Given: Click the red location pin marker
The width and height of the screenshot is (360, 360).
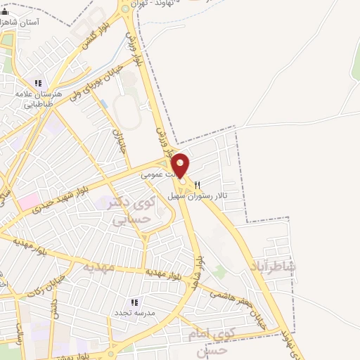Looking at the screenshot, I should click(x=181, y=166).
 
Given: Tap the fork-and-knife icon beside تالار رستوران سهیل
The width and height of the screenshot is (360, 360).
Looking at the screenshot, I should click(x=198, y=184).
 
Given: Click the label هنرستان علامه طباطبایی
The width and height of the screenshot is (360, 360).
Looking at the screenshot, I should click(x=39, y=98).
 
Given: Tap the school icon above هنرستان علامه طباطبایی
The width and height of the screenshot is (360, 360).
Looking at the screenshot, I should click(x=38, y=83).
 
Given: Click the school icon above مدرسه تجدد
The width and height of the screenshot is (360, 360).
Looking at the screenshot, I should click(x=134, y=301).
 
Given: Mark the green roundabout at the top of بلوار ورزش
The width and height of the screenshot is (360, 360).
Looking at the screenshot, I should click(x=126, y=8).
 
